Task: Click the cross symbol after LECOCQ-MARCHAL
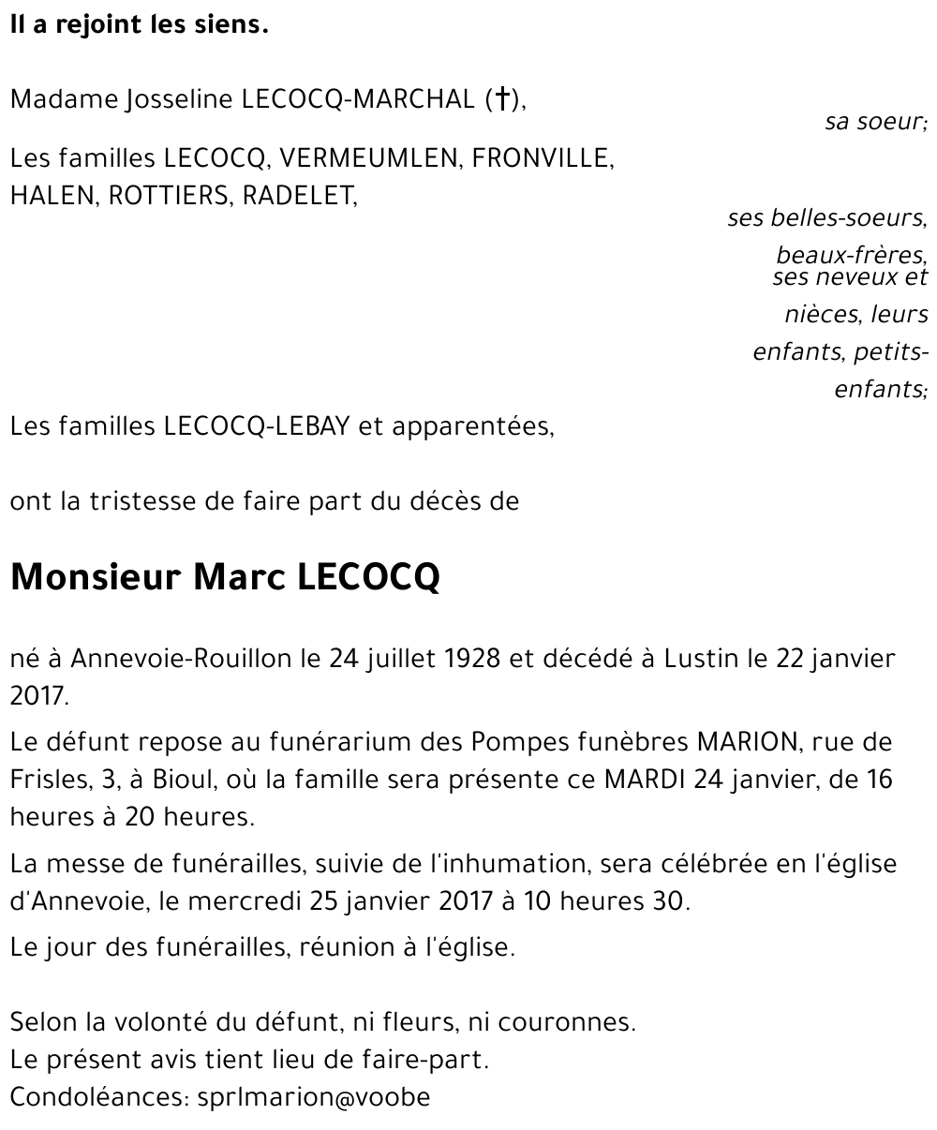[503, 99]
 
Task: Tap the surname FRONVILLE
[543, 158]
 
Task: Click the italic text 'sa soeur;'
[875, 122]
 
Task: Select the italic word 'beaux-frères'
[851, 255]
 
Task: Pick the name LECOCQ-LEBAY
[256, 426]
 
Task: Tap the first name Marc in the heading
[241, 577]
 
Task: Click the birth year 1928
[472, 659]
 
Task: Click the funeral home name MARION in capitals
[745, 742]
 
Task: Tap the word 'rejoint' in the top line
[97, 25]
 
